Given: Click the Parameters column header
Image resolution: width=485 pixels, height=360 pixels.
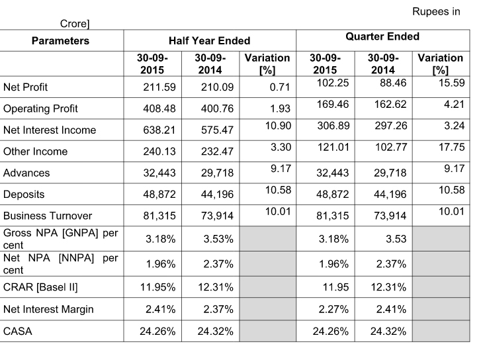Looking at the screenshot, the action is click(60, 41).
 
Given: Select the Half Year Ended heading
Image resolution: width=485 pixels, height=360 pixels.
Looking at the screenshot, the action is click(209, 41).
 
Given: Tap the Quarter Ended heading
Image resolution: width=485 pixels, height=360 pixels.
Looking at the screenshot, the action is click(382, 36).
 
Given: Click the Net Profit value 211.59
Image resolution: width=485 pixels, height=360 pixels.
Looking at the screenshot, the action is click(159, 87).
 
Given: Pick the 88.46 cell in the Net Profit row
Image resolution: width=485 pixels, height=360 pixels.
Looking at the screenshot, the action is click(393, 83).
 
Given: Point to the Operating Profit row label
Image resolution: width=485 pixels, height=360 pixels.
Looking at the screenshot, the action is click(40, 109).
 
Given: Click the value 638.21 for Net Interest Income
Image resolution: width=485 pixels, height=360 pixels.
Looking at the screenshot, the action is click(159, 130).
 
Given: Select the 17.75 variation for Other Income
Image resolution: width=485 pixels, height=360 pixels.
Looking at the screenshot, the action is click(452, 147).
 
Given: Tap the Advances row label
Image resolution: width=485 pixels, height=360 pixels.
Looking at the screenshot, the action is click(26, 173).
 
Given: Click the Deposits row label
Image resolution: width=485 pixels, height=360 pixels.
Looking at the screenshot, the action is click(24, 194).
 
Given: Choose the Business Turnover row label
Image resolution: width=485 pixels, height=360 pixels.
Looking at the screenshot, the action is click(48, 216).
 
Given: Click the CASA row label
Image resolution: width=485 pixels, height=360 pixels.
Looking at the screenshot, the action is click(18, 332).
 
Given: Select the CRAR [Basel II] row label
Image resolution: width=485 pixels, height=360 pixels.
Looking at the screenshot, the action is click(40, 287).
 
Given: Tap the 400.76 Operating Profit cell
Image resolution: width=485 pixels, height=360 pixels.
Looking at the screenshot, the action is click(217, 109).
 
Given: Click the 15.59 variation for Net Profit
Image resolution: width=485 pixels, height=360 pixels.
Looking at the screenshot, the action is click(452, 83).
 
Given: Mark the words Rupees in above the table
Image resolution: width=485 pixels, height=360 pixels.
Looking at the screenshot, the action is click(436, 12).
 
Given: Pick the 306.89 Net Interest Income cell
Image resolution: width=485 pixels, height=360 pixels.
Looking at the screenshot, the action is click(333, 126).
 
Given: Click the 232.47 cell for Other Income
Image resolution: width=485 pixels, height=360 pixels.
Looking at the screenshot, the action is click(217, 152).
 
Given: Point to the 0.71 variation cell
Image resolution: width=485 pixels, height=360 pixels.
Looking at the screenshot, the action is click(280, 87).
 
